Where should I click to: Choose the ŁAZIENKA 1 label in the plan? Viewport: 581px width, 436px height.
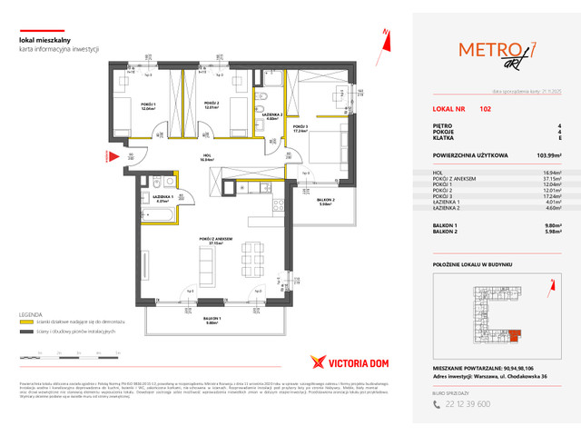click(163, 197)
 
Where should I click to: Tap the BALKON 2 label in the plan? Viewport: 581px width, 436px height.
click(327, 202)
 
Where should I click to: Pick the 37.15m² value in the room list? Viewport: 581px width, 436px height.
click(550, 178)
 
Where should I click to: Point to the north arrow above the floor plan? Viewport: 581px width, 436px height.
click(387, 34)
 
